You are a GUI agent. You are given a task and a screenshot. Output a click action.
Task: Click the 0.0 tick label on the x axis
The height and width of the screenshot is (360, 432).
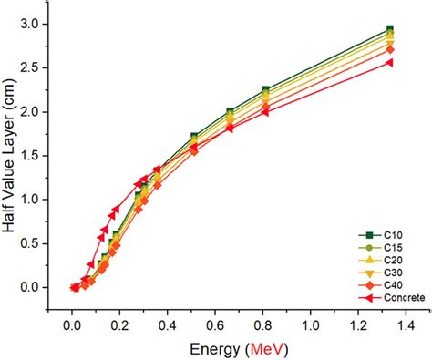[72, 324]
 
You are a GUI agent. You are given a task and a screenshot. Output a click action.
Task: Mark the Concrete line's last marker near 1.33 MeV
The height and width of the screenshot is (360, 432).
[389, 62]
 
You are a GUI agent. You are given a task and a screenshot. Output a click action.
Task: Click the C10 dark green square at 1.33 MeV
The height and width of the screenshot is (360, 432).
[389, 29]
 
